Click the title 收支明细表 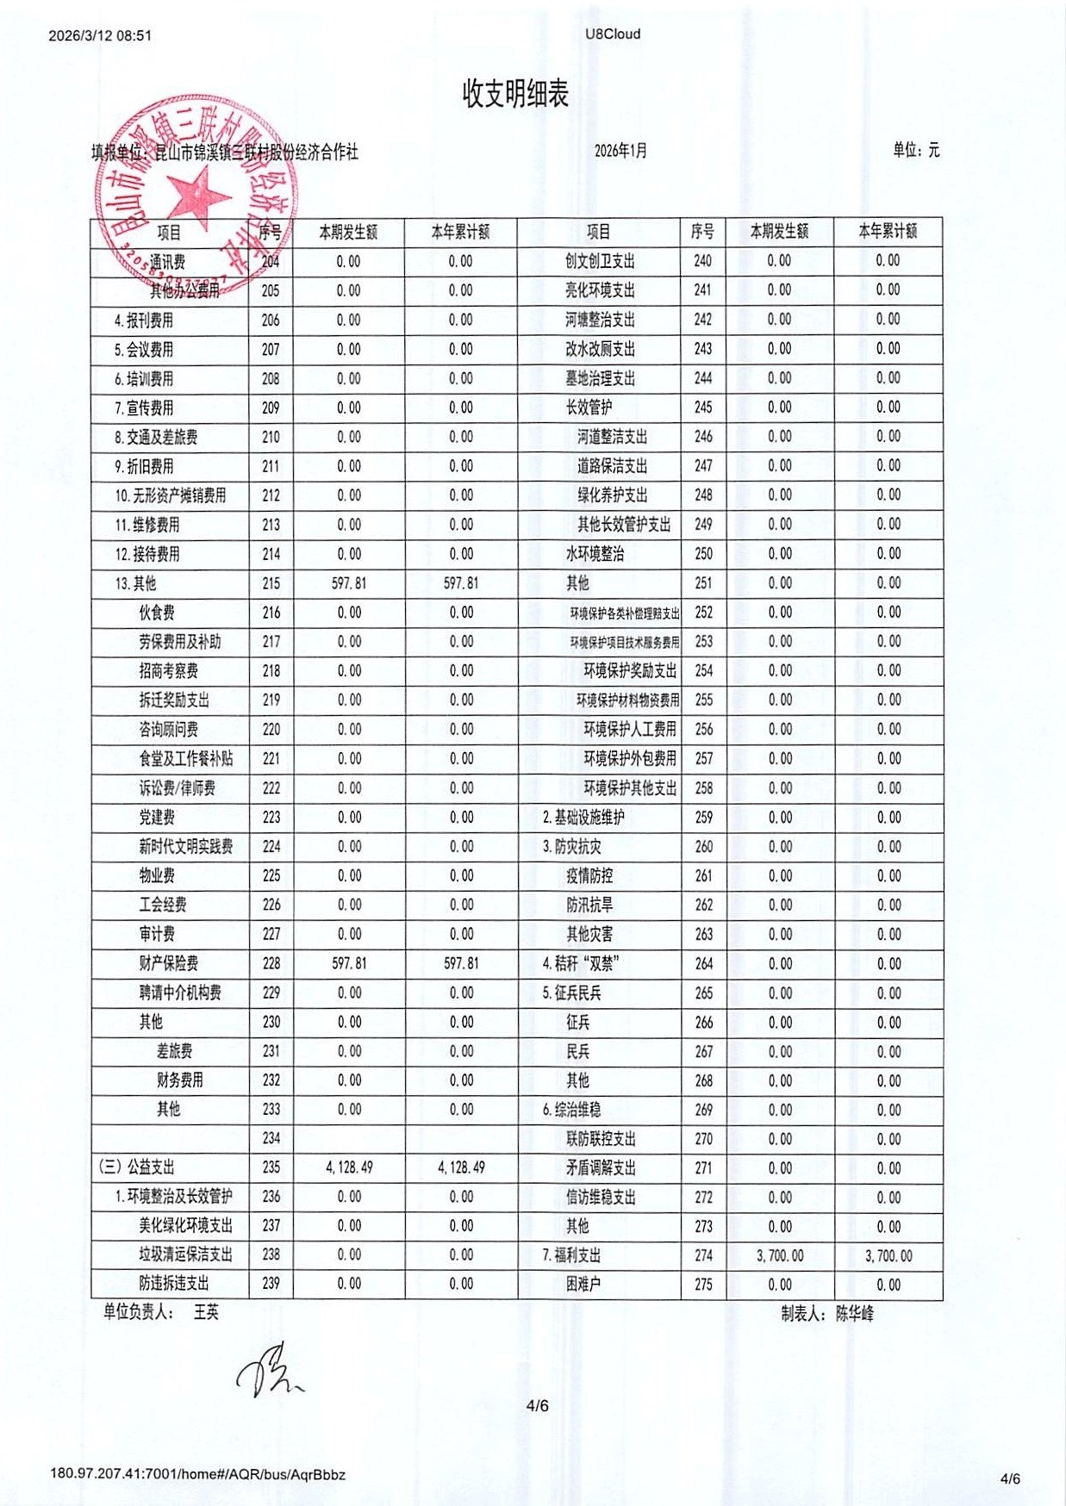(515, 94)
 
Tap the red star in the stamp (199, 195)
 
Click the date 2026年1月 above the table (620, 151)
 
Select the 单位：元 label (916, 150)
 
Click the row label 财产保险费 (169, 963)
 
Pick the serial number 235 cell (271, 1167)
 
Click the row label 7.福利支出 (572, 1255)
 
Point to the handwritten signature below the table (269, 1370)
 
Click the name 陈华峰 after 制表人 (854, 1314)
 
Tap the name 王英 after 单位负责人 (206, 1312)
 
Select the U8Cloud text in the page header (613, 34)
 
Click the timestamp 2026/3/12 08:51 (100, 36)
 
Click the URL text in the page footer (197, 1474)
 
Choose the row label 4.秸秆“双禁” (581, 963)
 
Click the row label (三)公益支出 (137, 1167)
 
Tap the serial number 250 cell (703, 553)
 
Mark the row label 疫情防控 (589, 876)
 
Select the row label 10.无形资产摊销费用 (171, 495)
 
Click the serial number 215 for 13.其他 (271, 583)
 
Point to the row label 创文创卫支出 (600, 261)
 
